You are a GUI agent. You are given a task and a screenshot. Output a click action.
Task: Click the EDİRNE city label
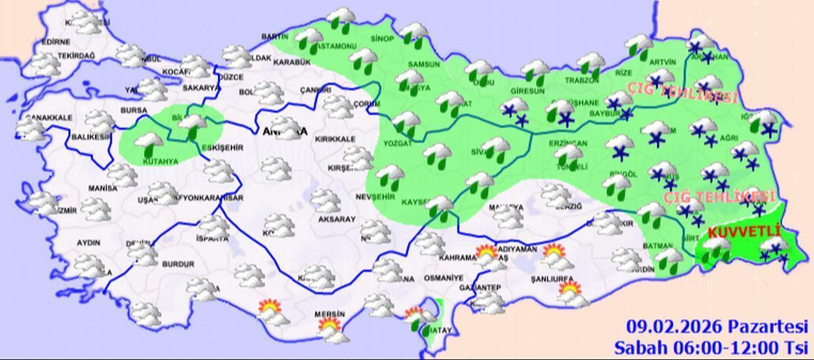[x=55, y=42]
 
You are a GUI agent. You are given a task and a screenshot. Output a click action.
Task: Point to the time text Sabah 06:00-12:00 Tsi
[x=710, y=347]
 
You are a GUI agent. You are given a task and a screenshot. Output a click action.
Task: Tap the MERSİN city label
[x=329, y=314]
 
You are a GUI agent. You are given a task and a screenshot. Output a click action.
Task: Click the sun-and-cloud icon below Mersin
[x=331, y=329]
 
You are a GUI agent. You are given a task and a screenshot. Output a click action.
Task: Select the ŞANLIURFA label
[x=552, y=279]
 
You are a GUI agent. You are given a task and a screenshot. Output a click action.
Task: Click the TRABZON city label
[x=583, y=80]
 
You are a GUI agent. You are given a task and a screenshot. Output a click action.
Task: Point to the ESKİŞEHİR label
[x=222, y=148]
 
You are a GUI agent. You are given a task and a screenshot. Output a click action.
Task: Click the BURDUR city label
[x=178, y=264]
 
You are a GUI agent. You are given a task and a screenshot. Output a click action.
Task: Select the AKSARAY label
[x=337, y=219]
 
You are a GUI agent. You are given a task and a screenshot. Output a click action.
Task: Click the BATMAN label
[x=658, y=246]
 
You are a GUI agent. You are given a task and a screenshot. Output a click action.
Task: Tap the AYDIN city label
[x=88, y=243]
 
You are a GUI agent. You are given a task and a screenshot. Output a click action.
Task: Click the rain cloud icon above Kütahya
[x=148, y=143]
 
